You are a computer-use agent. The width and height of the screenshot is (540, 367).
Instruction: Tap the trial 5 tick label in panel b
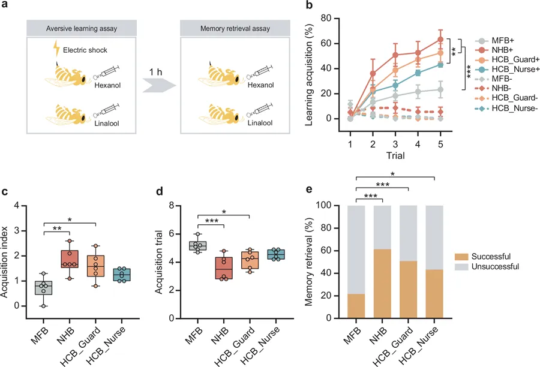(442, 144)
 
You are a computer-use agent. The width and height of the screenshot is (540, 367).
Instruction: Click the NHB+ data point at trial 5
(442, 39)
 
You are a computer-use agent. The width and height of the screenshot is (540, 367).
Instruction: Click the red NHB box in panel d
(223, 268)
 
